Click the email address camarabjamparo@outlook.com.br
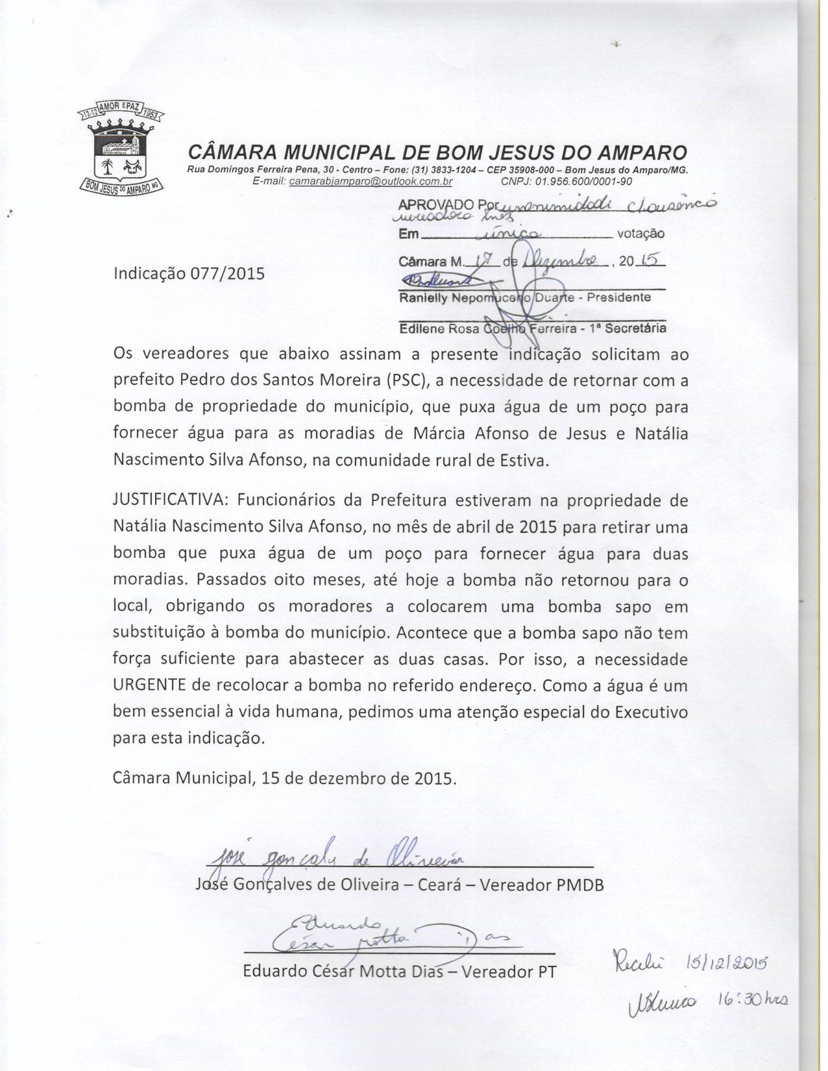click(371, 182)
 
